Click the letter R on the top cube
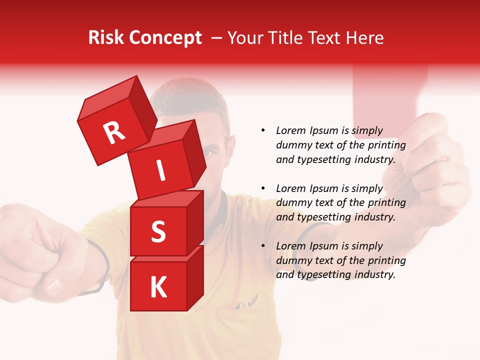click(x=114, y=133)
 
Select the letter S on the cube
click(x=158, y=231)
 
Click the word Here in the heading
click(x=365, y=38)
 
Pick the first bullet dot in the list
click(x=263, y=130)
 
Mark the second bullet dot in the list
click(x=263, y=188)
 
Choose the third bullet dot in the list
click(x=263, y=246)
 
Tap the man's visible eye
click(x=211, y=152)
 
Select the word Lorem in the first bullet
click(x=290, y=130)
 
